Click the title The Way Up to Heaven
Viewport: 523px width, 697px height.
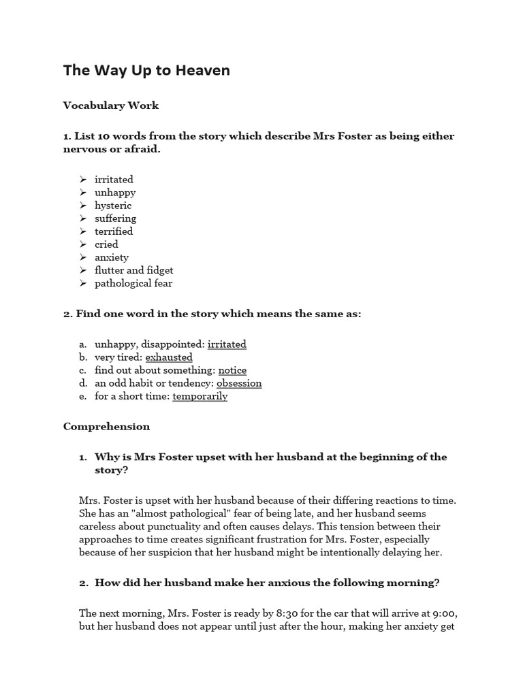(x=146, y=71)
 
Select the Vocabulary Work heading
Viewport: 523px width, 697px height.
(x=111, y=106)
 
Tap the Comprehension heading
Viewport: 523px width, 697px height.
(x=106, y=427)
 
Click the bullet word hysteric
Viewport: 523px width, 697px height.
(x=113, y=206)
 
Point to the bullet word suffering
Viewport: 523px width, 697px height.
(x=115, y=218)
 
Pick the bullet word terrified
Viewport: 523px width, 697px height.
(x=114, y=231)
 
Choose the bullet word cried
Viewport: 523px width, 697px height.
(x=106, y=244)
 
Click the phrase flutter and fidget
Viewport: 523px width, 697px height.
(x=133, y=270)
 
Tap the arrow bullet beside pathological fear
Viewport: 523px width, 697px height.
(x=82, y=283)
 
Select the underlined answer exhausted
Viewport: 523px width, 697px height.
(x=169, y=357)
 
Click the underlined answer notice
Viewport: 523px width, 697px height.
(x=232, y=370)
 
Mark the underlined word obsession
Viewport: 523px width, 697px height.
(x=239, y=383)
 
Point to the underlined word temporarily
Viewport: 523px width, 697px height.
(x=200, y=396)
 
